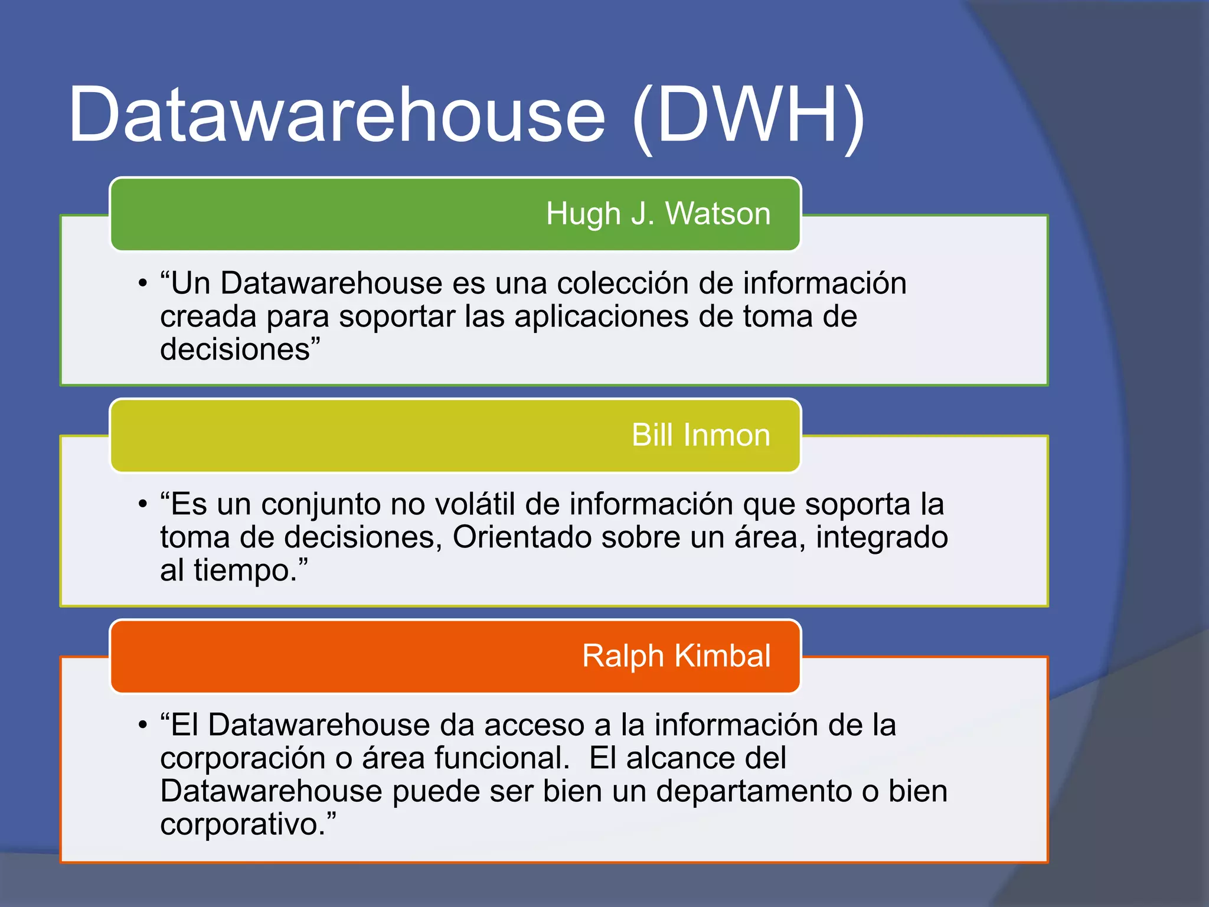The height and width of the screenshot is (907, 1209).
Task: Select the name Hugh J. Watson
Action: (x=658, y=213)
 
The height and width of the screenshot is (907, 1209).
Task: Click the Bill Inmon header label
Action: (x=701, y=435)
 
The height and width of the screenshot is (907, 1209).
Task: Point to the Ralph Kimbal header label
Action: (x=676, y=655)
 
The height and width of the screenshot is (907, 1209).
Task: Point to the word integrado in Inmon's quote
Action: (x=882, y=539)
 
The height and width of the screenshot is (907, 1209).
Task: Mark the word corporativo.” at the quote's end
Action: (x=248, y=825)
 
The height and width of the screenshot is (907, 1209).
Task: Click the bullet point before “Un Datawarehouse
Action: (x=142, y=284)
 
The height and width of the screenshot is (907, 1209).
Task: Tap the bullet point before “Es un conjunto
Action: (x=142, y=505)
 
